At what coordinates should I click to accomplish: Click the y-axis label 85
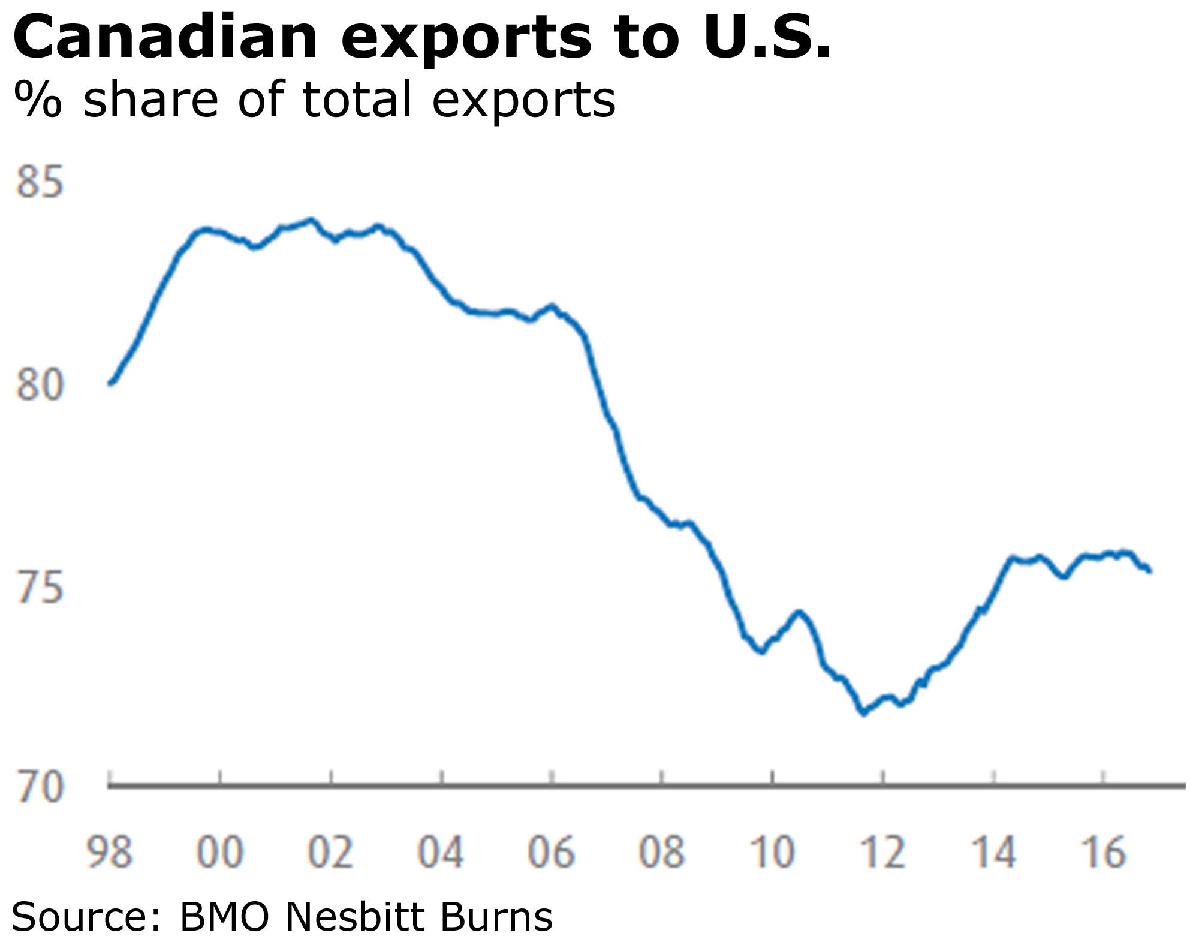pyautogui.click(x=40, y=182)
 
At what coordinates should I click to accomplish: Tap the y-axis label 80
pyautogui.click(x=40, y=385)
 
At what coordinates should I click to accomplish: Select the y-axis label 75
pyautogui.click(x=40, y=587)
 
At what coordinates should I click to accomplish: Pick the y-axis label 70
pyautogui.click(x=40, y=787)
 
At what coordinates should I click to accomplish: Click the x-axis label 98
pyautogui.click(x=109, y=852)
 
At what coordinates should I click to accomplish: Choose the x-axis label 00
pyautogui.click(x=220, y=852)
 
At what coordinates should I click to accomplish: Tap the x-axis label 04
pyautogui.click(x=441, y=852)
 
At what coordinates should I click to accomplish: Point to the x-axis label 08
pyautogui.click(x=661, y=852)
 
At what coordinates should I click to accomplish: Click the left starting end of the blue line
pyautogui.click(x=110, y=383)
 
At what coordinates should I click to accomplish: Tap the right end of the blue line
pyautogui.click(x=1149, y=571)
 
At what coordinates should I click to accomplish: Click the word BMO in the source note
pyautogui.click(x=224, y=917)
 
